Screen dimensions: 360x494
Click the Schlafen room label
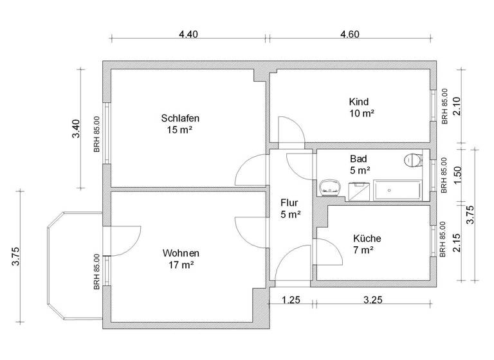(179, 118)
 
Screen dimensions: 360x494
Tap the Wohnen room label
(180, 253)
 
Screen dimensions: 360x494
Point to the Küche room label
(363, 238)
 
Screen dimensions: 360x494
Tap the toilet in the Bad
(411, 160)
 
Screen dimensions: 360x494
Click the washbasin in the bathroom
(330, 188)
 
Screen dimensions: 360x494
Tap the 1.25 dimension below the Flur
(292, 300)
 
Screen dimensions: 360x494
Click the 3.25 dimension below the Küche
(374, 300)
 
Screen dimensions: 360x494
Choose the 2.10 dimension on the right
(457, 105)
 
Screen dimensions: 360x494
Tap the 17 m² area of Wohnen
(180, 264)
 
